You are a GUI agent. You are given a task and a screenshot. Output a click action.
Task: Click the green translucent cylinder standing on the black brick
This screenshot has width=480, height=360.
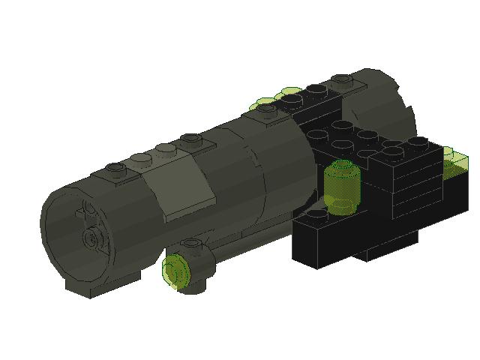[342, 187]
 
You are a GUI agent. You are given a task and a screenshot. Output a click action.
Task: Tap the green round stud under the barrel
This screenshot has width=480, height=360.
[177, 269]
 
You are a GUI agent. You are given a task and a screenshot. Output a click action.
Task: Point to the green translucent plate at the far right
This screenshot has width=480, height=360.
[454, 160]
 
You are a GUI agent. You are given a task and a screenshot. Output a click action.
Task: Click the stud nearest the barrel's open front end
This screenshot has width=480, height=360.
[114, 167]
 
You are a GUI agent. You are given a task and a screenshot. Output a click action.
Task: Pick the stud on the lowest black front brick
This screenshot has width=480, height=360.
[318, 215]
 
